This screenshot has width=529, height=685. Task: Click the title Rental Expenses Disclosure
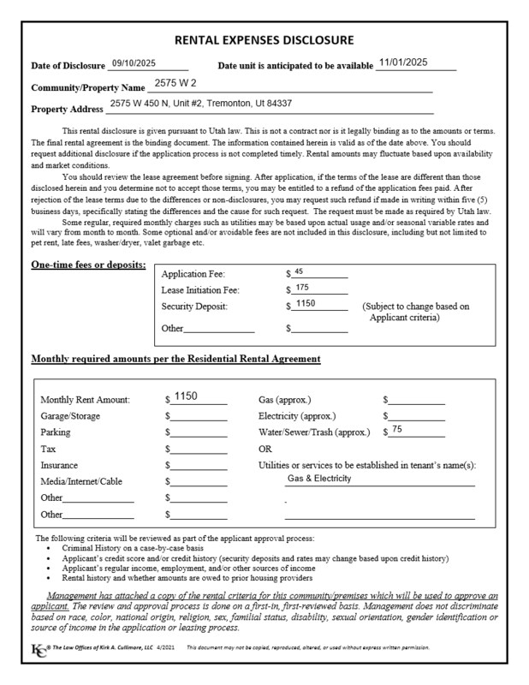click(x=264, y=40)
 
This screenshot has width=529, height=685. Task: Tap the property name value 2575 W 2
click(x=172, y=85)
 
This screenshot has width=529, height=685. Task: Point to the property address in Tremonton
click(x=201, y=104)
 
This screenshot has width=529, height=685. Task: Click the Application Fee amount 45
click(x=299, y=271)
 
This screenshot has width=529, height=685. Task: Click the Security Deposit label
click(x=193, y=307)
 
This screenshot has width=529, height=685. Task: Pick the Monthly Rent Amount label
click(x=86, y=400)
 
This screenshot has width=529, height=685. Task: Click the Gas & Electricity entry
click(x=319, y=479)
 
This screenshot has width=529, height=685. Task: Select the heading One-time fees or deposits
click(x=88, y=265)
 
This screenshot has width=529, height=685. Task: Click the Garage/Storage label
click(x=70, y=416)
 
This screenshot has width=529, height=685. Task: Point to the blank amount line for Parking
click(x=198, y=433)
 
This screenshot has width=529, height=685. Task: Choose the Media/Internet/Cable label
click(x=81, y=482)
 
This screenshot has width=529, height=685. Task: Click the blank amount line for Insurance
click(x=198, y=466)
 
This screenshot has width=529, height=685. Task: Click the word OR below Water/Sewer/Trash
click(x=265, y=449)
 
